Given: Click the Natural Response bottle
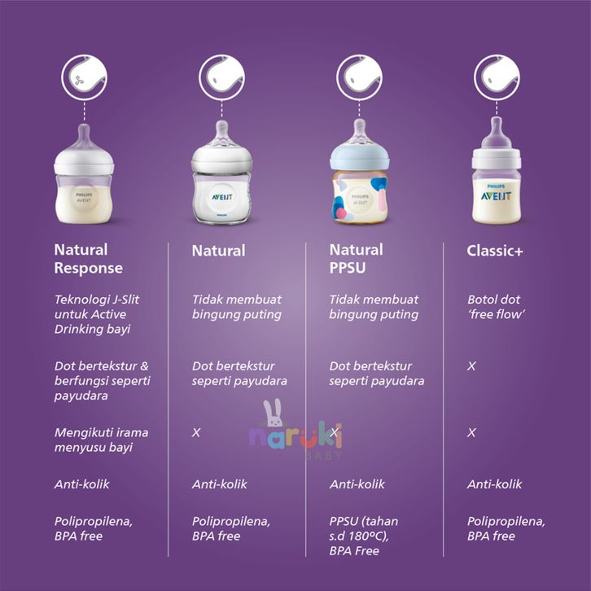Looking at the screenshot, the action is pos(84,174).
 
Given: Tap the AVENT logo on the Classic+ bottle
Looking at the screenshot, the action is pos(496,196).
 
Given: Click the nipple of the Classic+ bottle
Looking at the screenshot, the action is pos(497,133).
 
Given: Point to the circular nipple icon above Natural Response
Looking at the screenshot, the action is pos(84,77).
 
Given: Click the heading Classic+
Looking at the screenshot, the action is pos(494,251).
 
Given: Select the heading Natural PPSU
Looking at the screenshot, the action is pos(357,259).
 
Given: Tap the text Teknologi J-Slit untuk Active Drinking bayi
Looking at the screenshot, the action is pos(97,314).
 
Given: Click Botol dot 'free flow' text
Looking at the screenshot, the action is pos(496,307).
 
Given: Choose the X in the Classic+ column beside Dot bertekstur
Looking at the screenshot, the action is pos(471,366).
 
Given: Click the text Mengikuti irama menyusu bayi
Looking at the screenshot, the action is pos(101,440).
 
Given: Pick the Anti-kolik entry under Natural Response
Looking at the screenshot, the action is pos(81,484).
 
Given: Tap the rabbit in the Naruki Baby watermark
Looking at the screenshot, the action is pos(274,413).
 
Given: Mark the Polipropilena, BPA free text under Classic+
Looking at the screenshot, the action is pos(506,529).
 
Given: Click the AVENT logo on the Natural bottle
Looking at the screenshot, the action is pos(221,197).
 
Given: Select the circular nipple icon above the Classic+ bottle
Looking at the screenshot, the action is pos(497,77).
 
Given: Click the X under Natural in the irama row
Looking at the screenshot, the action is pos(196,433).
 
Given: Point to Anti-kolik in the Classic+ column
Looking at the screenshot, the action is pos(494,484).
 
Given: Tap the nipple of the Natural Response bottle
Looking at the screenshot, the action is pos(84,138).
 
